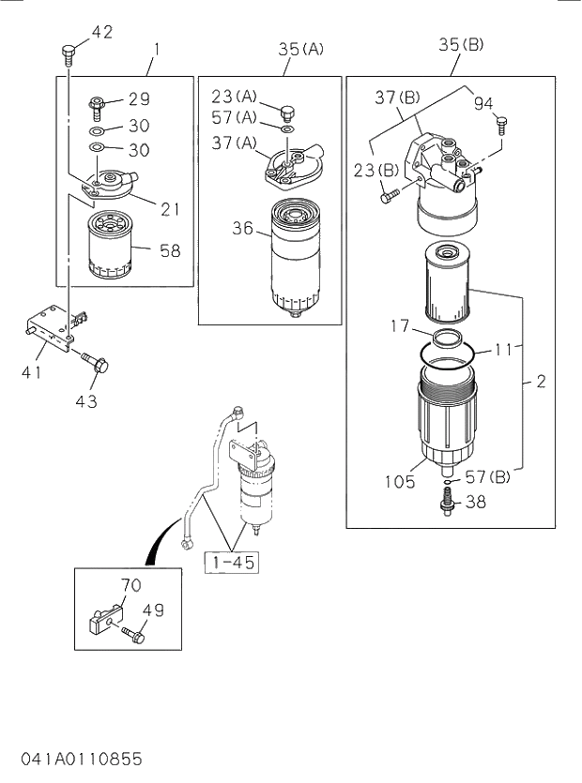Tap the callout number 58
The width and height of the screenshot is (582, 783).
coord(170,250)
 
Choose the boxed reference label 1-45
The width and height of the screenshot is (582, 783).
coord(231,562)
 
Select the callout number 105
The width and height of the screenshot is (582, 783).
coord(400,482)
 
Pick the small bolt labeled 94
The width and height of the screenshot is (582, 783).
coord(500,122)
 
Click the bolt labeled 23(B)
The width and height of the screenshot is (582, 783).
coord(390,196)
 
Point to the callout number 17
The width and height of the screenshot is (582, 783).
coord(400,327)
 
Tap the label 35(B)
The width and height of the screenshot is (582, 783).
coord(461,43)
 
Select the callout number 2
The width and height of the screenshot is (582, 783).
coord(541,383)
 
